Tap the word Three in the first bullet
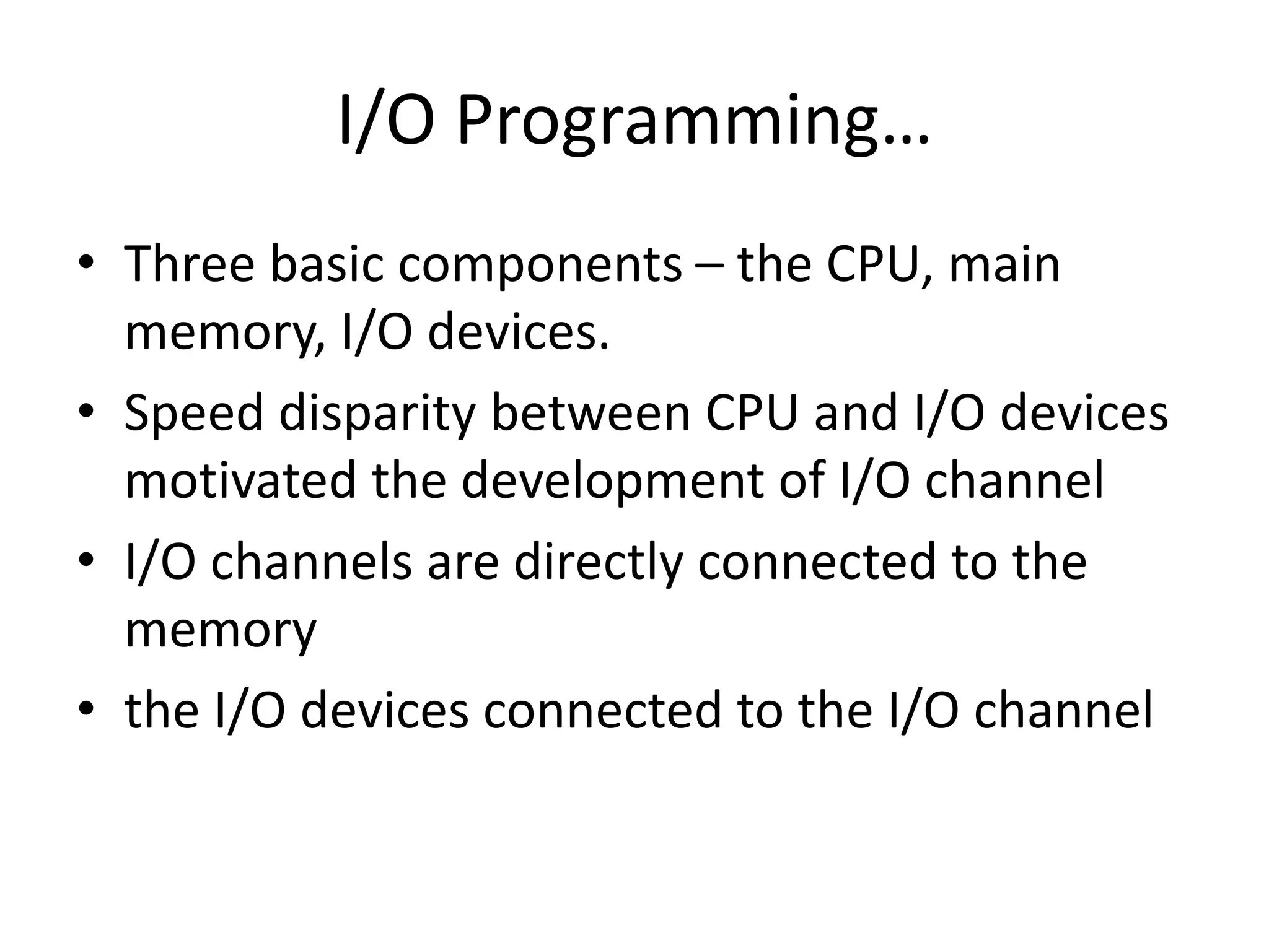click(x=190, y=264)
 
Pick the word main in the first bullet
click(x=1004, y=264)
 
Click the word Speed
click(x=194, y=413)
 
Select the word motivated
click(x=240, y=480)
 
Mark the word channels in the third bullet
click(x=311, y=562)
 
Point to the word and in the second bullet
click(x=856, y=413)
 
